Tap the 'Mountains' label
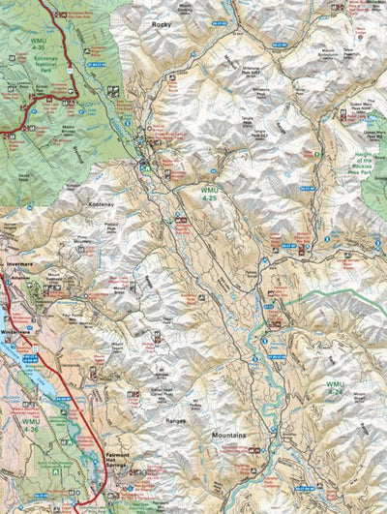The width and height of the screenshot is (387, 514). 228,436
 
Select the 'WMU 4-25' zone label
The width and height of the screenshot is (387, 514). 210,194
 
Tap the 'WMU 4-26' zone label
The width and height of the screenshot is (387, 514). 31,423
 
